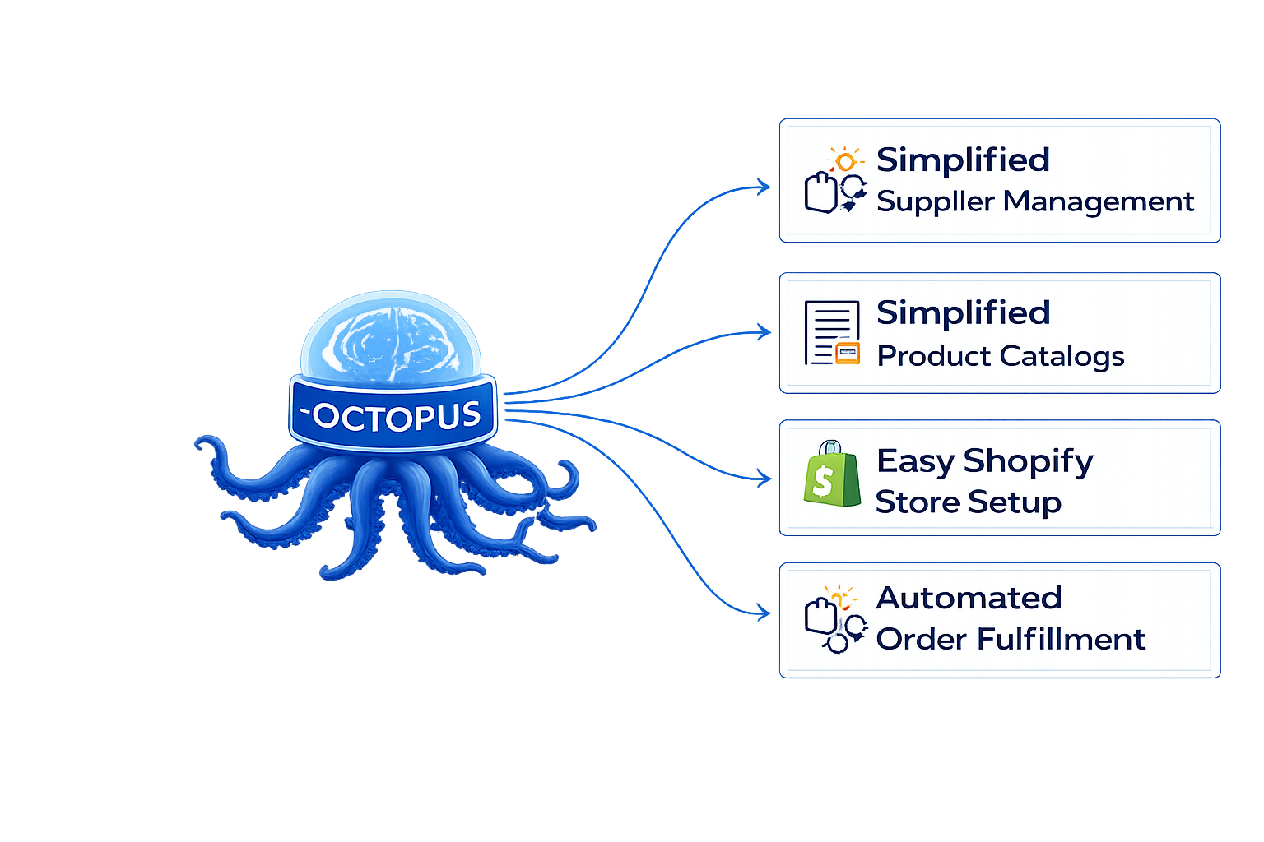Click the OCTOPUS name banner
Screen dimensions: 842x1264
[393, 414]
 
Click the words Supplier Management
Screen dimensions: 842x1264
[1034, 201]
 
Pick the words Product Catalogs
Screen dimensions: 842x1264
[1000, 356]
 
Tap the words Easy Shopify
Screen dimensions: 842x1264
[984, 461]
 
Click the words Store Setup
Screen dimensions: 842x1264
[968, 502]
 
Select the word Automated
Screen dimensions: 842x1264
[969, 598]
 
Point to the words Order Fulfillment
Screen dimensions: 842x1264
[1010, 639]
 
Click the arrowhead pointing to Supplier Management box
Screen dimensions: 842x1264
[764, 187]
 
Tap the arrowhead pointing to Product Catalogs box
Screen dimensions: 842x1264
[764, 332]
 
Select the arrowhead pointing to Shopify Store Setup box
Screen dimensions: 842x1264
[764, 478]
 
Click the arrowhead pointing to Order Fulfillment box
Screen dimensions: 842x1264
[764, 612]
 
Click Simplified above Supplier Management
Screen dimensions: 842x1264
[963, 160]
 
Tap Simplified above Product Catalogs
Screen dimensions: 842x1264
[963, 312]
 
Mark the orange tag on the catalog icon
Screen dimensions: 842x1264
[847, 354]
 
